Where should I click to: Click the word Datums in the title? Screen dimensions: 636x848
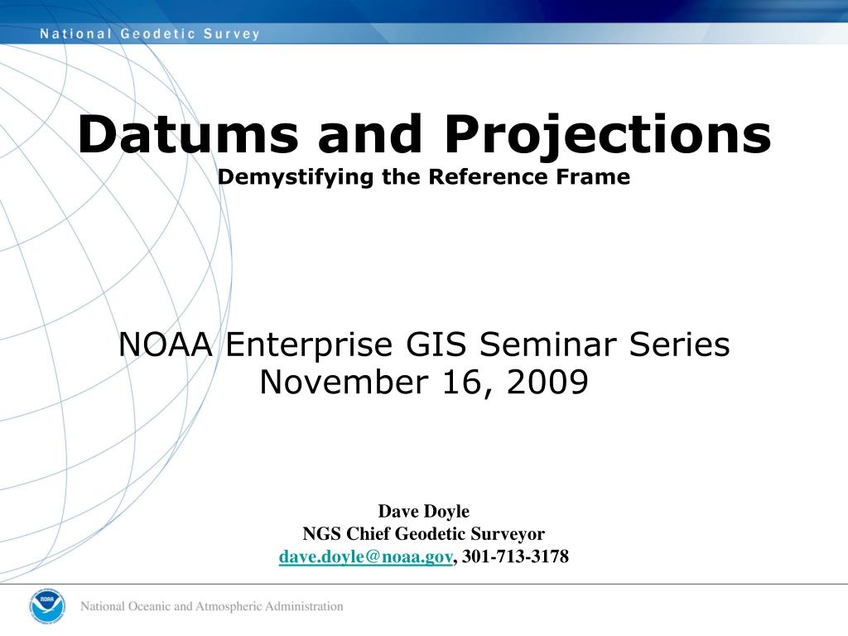pyautogui.click(x=189, y=134)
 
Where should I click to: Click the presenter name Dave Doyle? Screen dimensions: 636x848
pyautogui.click(x=424, y=512)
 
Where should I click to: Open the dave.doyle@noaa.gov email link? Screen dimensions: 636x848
pyautogui.click(x=365, y=556)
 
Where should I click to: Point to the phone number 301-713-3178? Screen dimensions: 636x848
pyautogui.click(x=515, y=556)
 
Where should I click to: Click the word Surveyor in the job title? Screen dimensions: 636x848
pyautogui.click(x=508, y=534)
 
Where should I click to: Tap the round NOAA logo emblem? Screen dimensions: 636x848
pyautogui.click(x=47, y=605)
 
